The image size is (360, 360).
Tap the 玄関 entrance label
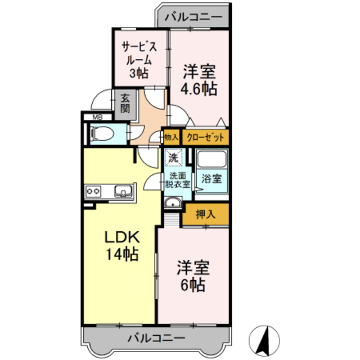125,103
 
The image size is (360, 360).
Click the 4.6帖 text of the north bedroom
200,89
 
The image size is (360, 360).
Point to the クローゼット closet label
205,137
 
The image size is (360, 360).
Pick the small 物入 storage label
171,137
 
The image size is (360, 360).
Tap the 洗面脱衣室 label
177,180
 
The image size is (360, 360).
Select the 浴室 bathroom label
212,179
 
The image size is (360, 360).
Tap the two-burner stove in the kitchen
93,192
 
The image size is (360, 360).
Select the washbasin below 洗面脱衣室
172,202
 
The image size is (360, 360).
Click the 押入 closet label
206,214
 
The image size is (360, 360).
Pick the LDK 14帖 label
120,246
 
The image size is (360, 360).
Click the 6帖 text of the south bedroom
193,284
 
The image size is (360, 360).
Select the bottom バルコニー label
148,338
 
